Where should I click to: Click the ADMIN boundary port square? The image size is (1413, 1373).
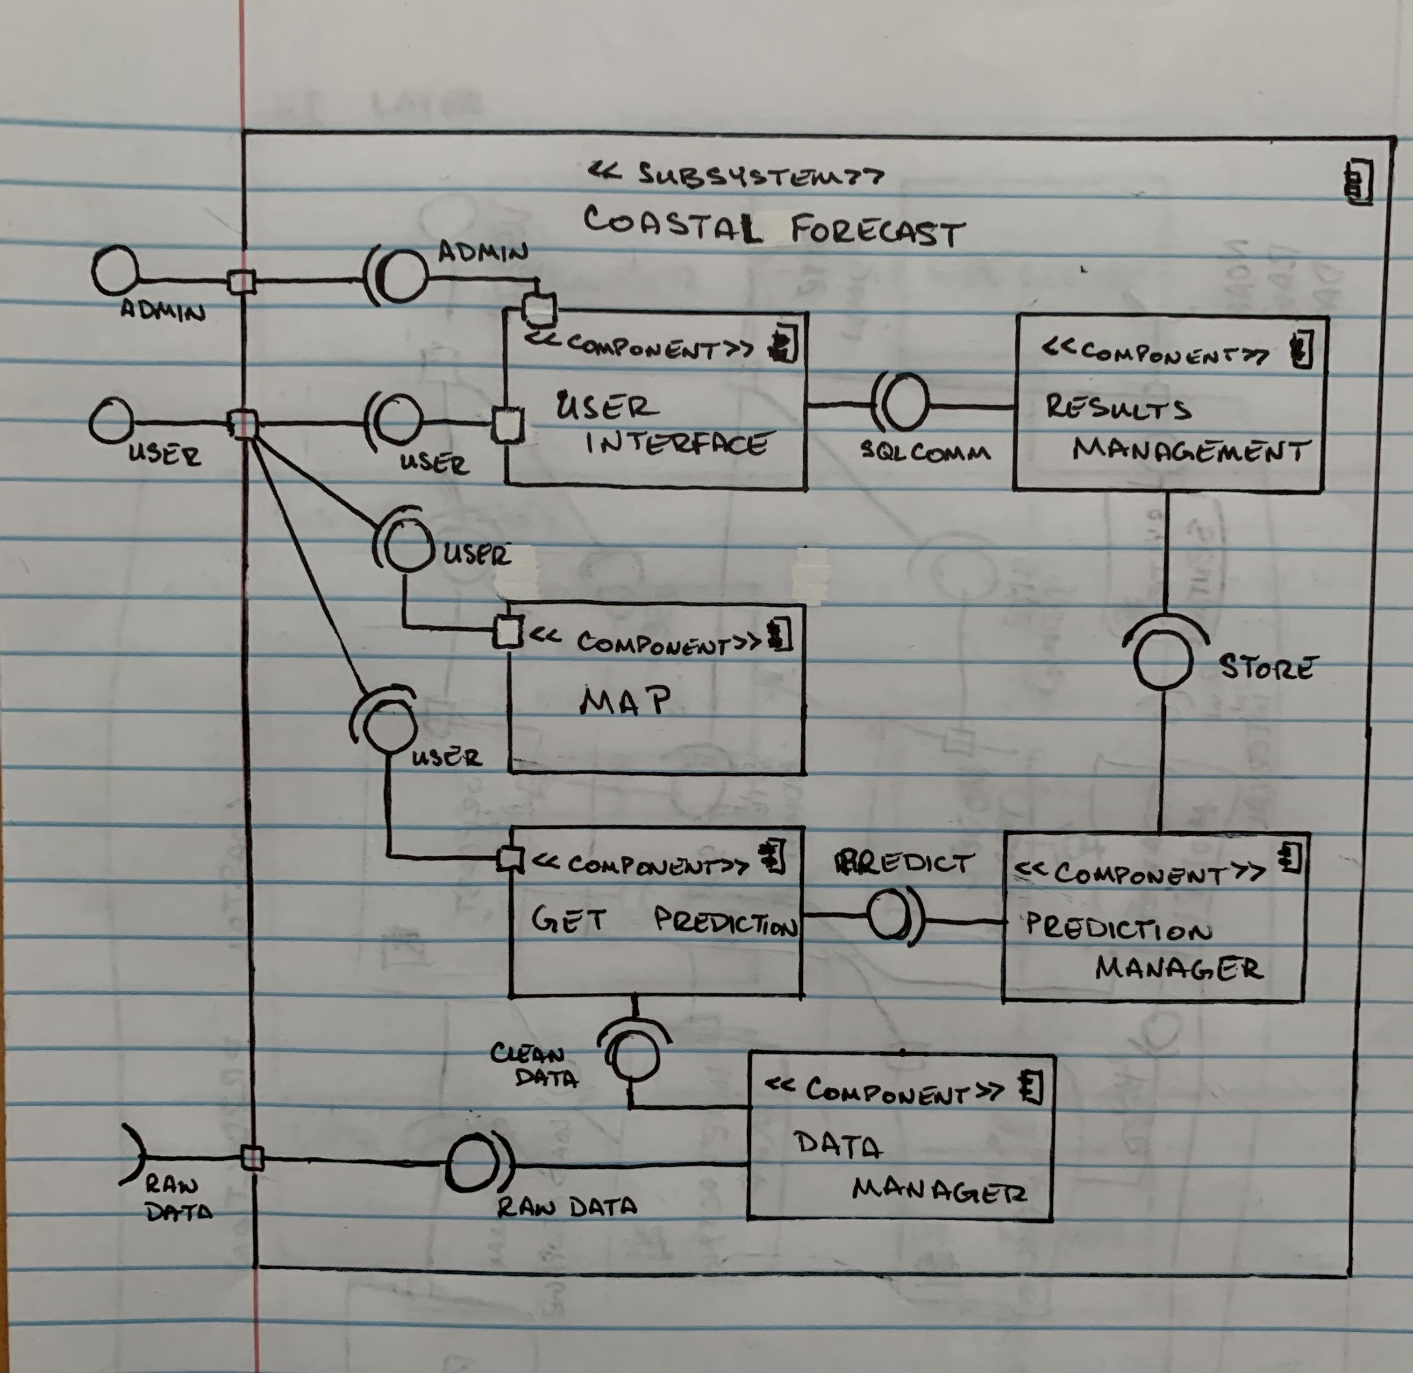coord(241,281)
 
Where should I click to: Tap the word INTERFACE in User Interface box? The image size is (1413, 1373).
coord(676,443)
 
